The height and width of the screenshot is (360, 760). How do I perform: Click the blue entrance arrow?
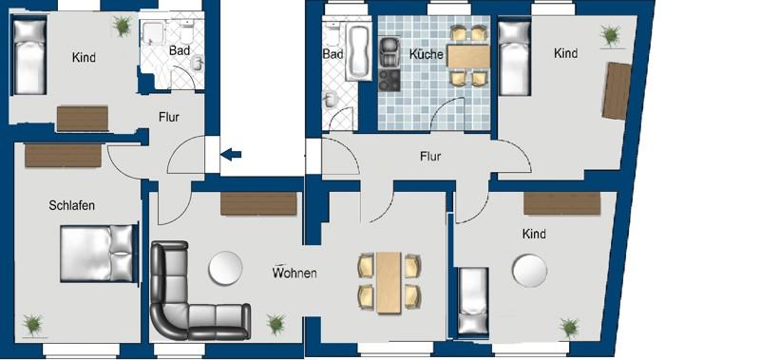231,153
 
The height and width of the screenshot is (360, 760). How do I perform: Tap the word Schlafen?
72,205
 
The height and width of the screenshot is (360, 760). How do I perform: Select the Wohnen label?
294,274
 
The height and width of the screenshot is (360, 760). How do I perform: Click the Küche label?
427,55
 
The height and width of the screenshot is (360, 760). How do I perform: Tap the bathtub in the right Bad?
360,53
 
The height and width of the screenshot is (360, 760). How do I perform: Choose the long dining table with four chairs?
389,281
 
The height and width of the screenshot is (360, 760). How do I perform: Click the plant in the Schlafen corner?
33,325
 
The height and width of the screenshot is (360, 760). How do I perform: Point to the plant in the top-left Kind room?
121,27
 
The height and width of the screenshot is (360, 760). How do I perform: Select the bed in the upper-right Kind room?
514,59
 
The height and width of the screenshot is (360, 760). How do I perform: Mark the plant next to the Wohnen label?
276,324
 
